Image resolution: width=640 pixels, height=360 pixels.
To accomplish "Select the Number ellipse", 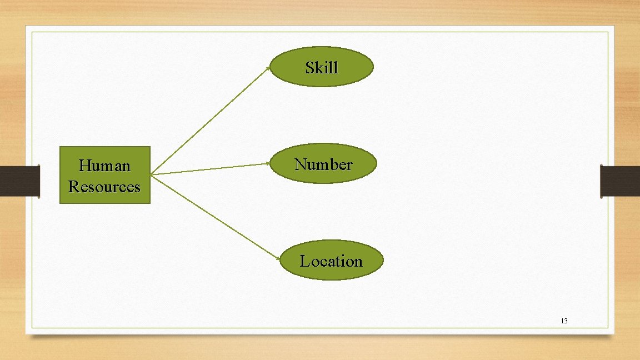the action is tap(323, 163).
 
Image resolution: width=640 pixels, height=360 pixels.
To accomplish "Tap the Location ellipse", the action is tap(331, 260).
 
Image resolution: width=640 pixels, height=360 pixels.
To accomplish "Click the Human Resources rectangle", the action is tap(105, 175).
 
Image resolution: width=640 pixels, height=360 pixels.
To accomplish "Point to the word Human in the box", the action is tap(104, 166).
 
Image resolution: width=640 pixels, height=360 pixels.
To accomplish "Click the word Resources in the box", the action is tap(104, 186).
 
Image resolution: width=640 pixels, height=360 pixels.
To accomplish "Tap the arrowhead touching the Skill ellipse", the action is tap(269, 68).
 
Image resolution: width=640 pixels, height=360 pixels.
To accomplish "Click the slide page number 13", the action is tap(564, 321).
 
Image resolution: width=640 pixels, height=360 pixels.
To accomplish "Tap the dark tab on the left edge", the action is tap(20, 181).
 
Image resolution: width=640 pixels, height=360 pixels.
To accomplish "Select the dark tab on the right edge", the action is tap(620, 181).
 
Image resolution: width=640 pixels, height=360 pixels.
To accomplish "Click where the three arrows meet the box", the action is tap(151, 175).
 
